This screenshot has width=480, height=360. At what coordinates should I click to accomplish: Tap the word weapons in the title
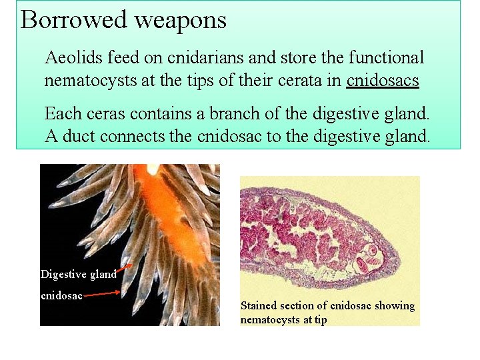(x=181, y=20)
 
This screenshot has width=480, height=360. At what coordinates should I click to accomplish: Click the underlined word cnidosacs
(x=383, y=81)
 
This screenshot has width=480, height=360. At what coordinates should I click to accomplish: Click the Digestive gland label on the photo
(x=78, y=274)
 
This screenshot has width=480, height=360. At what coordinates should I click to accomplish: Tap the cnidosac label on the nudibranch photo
(x=61, y=295)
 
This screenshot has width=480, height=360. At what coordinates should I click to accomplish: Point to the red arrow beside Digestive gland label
(x=129, y=268)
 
